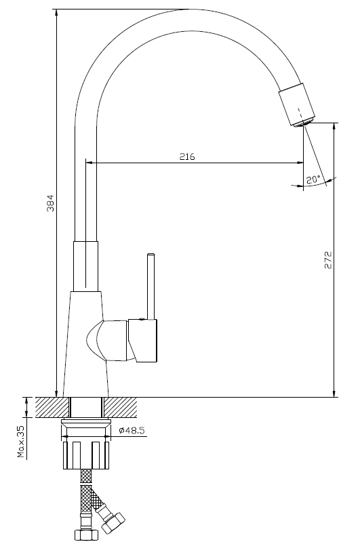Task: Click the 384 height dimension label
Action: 51,203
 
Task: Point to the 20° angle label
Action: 313,180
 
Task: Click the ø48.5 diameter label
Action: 132,430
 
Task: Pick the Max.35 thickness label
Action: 22,442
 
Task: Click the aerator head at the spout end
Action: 297,104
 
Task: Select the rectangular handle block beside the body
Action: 143,340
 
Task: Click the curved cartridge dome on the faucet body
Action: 95,341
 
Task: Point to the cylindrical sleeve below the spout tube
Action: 85,266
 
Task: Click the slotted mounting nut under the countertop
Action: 85,455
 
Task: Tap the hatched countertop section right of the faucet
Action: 121,407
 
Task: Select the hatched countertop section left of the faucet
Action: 51,407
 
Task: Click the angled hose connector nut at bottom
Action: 113,522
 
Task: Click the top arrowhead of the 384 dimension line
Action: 56,14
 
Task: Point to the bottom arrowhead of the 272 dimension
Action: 334,392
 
